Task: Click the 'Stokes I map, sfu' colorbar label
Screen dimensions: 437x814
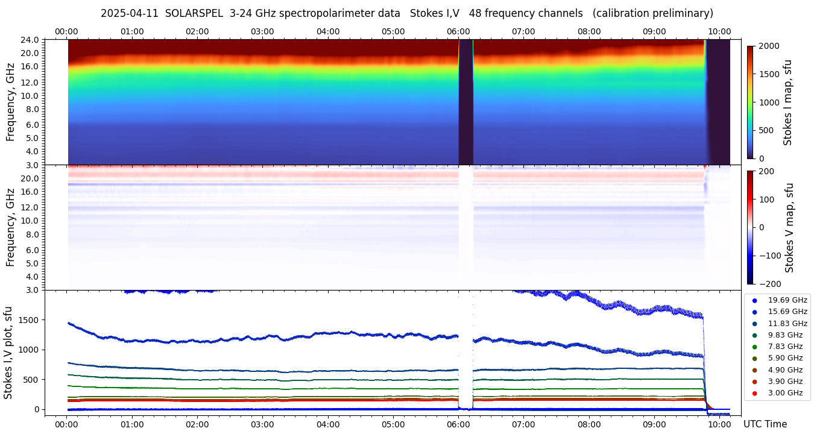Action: point(787,102)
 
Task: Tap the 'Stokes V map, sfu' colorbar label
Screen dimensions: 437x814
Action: point(789,228)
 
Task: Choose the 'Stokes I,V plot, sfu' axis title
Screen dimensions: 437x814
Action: point(8,353)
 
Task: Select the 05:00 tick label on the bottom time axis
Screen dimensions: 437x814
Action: point(393,424)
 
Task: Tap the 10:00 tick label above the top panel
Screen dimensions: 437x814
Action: point(720,31)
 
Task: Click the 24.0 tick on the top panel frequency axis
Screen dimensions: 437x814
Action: point(31,40)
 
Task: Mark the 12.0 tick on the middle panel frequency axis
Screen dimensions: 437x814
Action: point(31,207)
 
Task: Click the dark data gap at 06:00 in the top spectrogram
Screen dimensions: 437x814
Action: point(465,102)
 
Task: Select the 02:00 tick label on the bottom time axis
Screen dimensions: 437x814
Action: point(197,424)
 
